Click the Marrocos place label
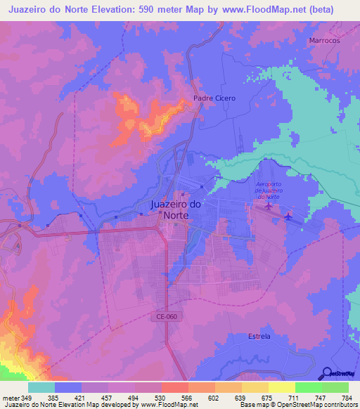[324, 41]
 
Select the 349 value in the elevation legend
[27, 398]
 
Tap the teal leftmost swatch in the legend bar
[41, 388]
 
